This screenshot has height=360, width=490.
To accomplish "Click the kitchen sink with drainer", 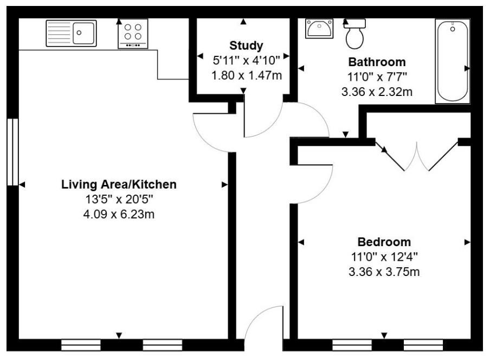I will click(x=71, y=33).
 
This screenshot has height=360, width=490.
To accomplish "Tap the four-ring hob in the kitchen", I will click(x=133, y=33).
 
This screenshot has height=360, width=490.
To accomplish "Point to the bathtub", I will click(x=452, y=61).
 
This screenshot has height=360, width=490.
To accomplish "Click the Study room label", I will click(x=246, y=45).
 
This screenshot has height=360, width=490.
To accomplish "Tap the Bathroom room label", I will click(x=377, y=62).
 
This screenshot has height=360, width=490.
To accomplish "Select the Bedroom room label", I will click(x=384, y=242).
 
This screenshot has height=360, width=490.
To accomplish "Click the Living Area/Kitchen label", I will click(x=119, y=184).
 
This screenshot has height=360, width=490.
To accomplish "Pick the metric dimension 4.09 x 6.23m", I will click(x=119, y=214).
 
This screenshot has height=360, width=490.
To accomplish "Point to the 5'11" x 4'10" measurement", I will click(x=246, y=60).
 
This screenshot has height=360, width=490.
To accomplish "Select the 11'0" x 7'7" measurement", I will click(x=377, y=77).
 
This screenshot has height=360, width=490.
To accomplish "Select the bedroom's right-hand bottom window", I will click(x=423, y=344).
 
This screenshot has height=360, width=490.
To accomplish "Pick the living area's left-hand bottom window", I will click(x=81, y=344).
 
